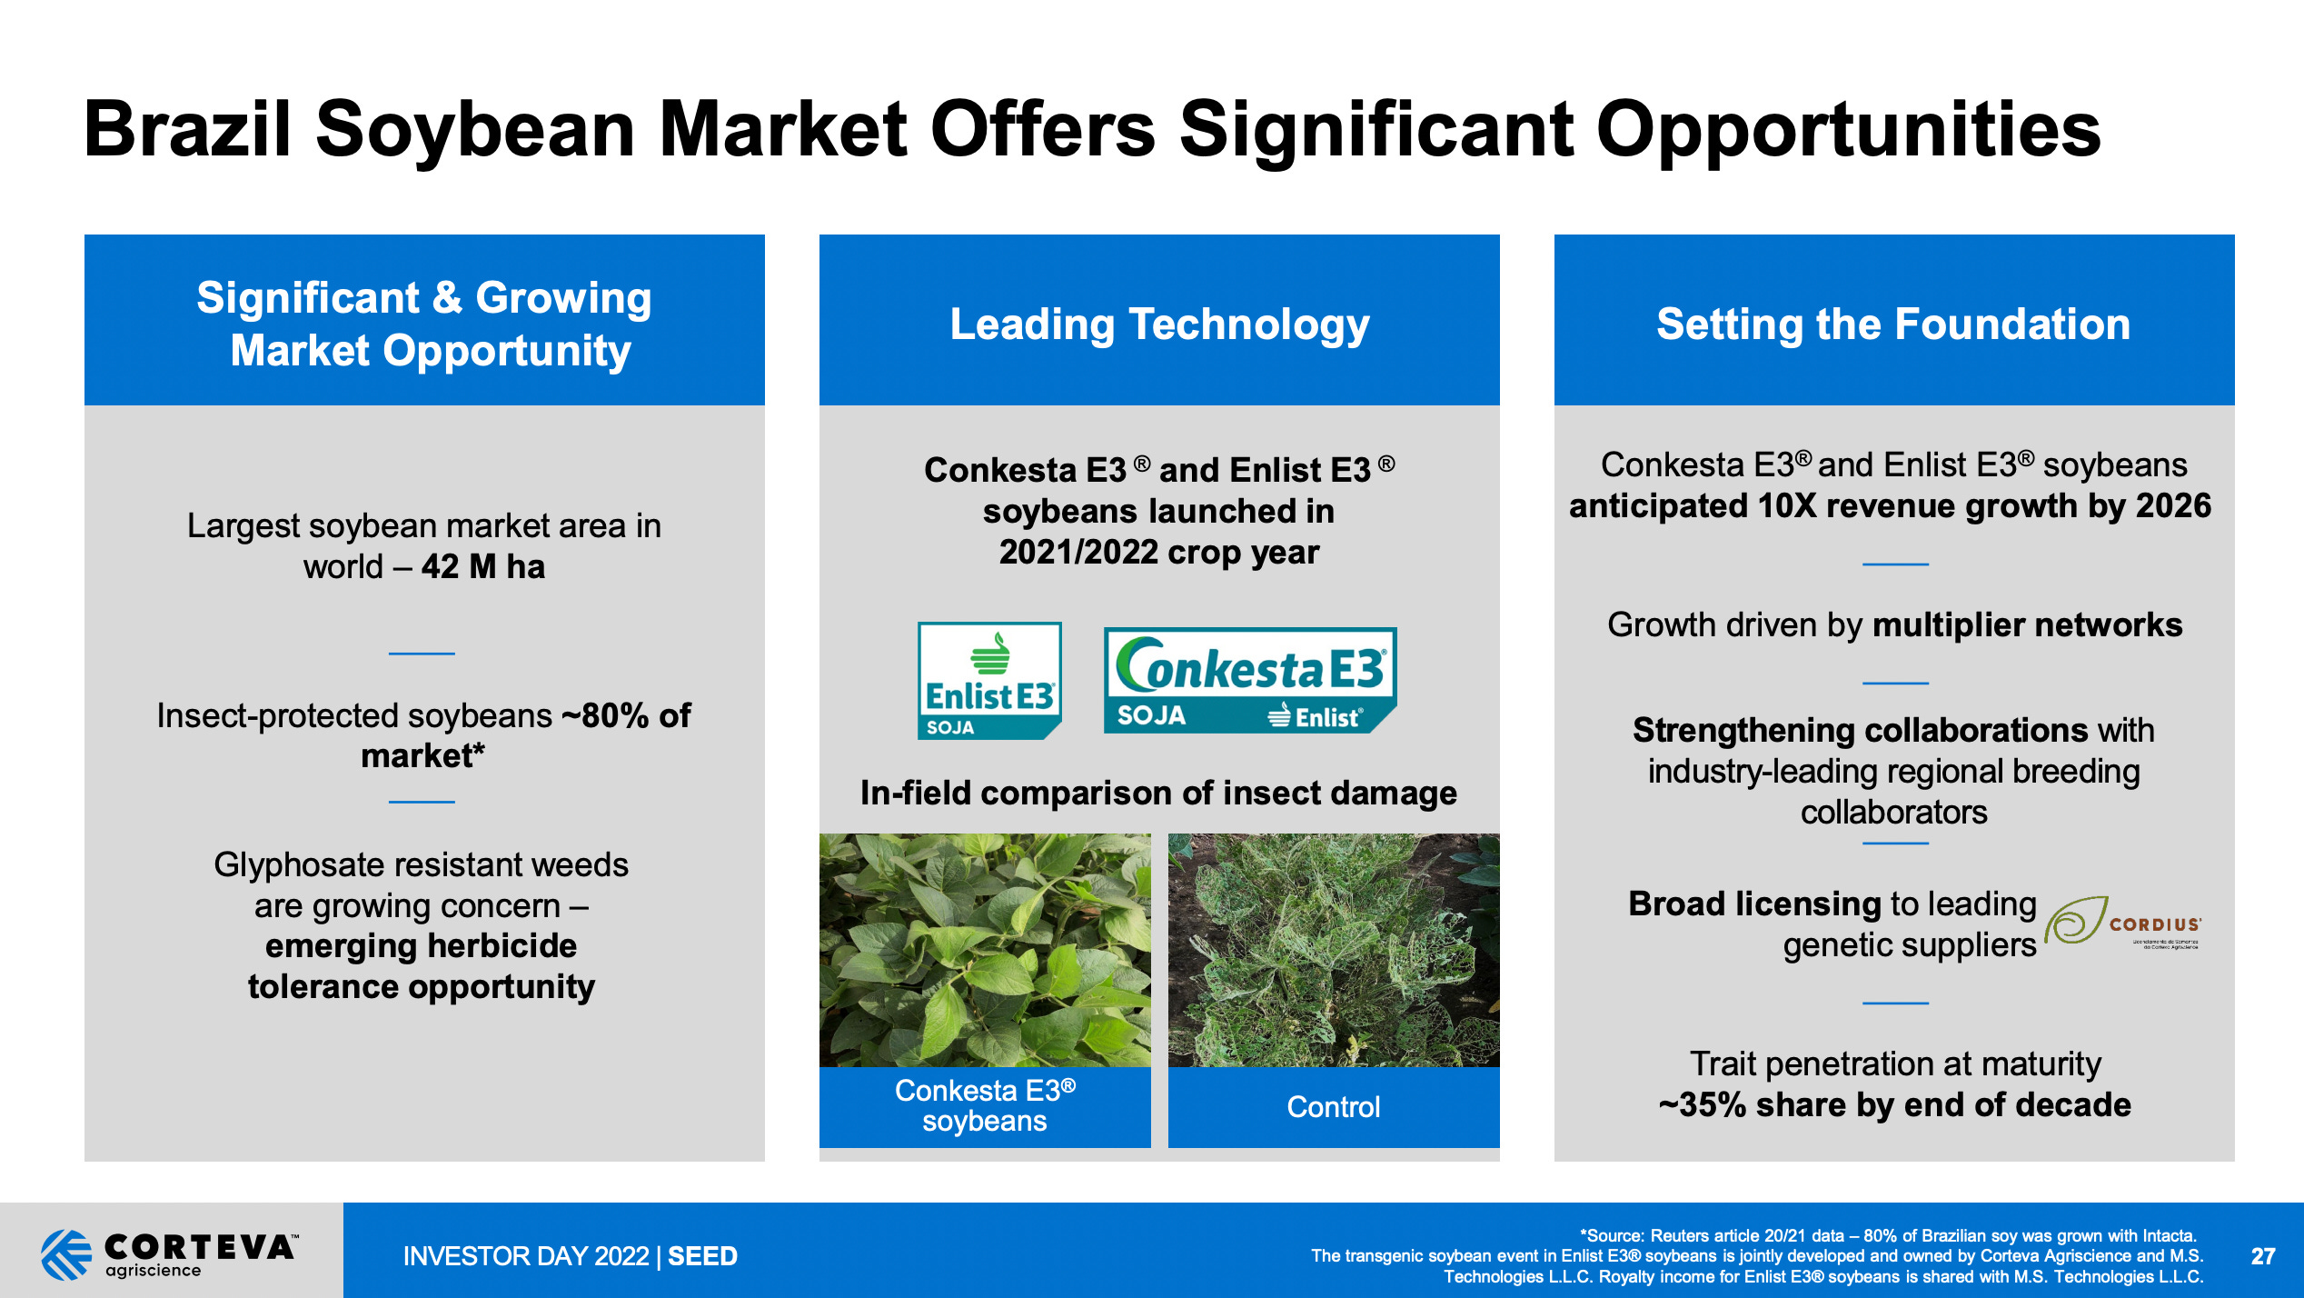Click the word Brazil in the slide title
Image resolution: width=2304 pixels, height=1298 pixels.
[187, 129]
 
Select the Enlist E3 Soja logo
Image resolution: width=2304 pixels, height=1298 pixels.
[989, 680]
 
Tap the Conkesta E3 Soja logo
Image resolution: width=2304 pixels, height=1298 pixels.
[1249, 680]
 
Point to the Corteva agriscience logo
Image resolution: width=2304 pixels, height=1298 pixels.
[169, 1253]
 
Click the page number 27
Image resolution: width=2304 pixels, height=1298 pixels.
[2262, 1256]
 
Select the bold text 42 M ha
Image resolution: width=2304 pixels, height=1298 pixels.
[482, 567]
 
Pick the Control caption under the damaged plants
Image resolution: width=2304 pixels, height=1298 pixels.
[1333, 1106]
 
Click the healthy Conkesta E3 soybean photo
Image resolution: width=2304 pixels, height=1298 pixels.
[985, 950]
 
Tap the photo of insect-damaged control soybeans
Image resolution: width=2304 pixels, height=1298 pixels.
[1333, 950]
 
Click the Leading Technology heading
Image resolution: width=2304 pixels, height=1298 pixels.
[1159, 324]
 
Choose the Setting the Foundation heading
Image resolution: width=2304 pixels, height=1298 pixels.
[1893, 324]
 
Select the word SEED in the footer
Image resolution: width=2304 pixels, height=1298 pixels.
[702, 1256]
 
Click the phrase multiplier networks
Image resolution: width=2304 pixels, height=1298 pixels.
[2027, 625]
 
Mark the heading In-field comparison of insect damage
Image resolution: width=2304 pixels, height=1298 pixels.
[1158, 794]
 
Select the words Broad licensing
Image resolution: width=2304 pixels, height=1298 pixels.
[1754, 904]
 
